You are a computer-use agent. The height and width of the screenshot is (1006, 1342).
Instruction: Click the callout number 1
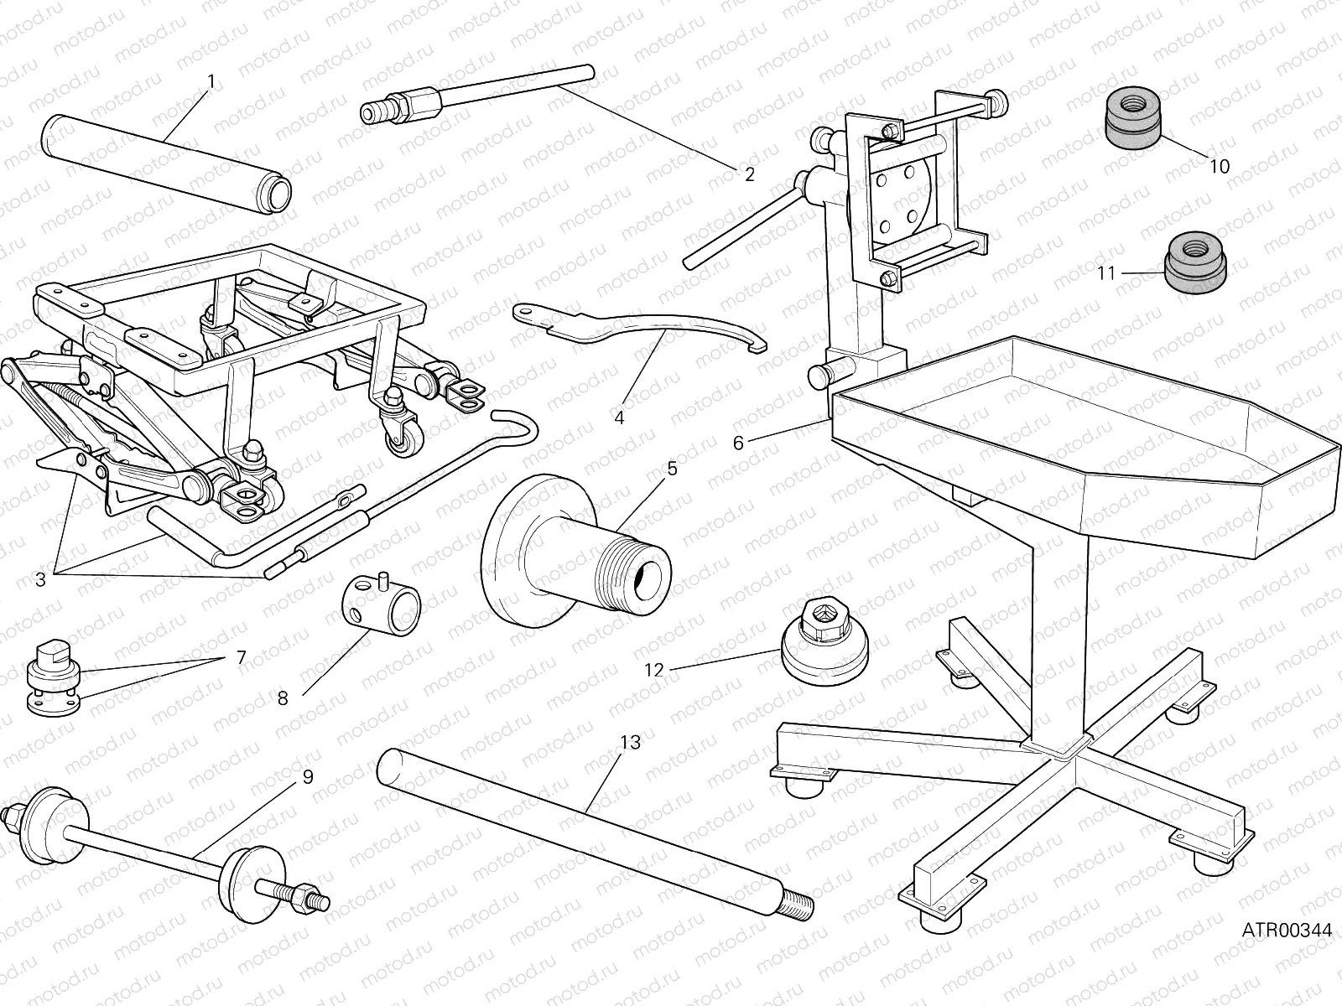click(x=211, y=81)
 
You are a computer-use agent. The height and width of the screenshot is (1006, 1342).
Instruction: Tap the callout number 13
click(x=631, y=742)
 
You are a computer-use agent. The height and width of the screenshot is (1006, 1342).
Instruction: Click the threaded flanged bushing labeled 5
click(x=579, y=553)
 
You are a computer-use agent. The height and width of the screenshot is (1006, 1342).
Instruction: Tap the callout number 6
click(x=738, y=443)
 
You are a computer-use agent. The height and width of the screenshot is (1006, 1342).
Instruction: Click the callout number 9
click(x=308, y=777)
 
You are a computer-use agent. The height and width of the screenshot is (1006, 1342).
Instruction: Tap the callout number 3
click(x=40, y=578)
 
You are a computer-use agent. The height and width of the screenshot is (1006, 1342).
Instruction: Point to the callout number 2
click(x=749, y=174)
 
